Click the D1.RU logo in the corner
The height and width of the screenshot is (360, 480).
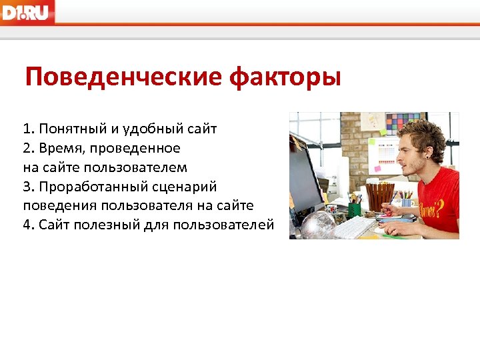point(27,12)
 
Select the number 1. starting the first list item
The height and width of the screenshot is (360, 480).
point(29,128)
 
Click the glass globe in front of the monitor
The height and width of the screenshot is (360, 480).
point(317,225)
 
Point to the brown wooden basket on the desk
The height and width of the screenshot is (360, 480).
point(381,197)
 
